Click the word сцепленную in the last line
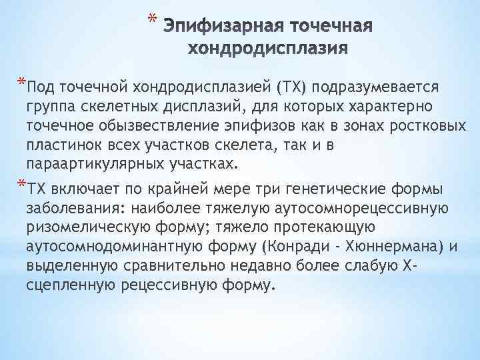tap(63, 285)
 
